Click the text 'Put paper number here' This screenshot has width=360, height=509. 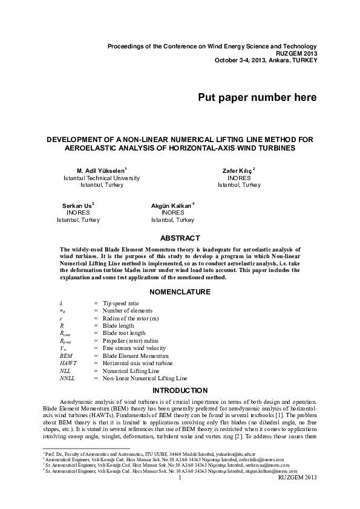(x=257, y=97)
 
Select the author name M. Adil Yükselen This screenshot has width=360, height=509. (x=100, y=171)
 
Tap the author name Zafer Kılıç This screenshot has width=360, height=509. (x=238, y=171)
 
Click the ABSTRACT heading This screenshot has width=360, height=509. (x=180, y=239)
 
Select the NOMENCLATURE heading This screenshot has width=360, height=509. (x=180, y=291)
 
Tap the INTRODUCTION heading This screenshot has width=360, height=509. (x=180, y=390)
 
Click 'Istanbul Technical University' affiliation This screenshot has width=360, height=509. (x=102, y=178)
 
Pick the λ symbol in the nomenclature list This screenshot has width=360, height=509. (x=61, y=302)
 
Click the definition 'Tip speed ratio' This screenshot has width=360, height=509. (x=121, y=302)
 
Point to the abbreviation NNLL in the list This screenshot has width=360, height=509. (x=67, y=378)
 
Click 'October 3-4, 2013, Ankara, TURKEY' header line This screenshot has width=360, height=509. (x=266, y=60)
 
